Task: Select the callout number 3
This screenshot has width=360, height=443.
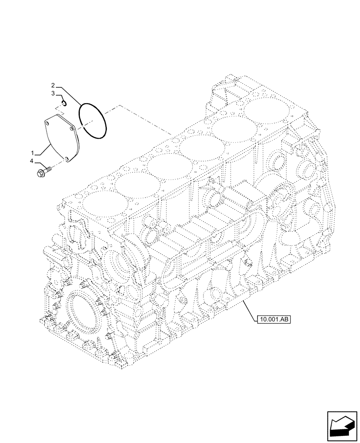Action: pos(53,93)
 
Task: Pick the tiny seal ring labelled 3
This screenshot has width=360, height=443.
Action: pos(64,104)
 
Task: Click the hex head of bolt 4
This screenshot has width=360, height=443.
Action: pos(41,171)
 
